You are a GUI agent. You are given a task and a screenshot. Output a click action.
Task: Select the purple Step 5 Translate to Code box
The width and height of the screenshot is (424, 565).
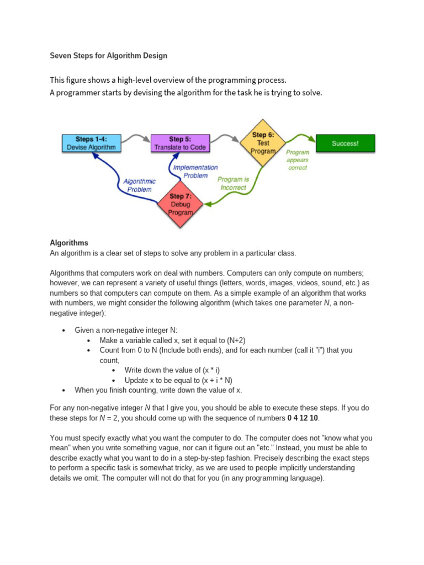(x=180, y=143)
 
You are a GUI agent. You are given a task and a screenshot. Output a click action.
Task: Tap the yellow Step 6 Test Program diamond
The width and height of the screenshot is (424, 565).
(x=263, y=143)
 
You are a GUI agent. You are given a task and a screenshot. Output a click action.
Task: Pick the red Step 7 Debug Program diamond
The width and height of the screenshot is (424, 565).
(x=181, y=205)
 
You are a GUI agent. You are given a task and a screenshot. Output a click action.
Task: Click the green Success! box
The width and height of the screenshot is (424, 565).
(x=345, y=143)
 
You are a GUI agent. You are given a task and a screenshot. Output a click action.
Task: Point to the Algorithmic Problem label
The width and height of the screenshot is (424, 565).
(x=139, y=185)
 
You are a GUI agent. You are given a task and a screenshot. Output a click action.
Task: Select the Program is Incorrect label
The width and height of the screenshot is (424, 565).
(x=233, y=183)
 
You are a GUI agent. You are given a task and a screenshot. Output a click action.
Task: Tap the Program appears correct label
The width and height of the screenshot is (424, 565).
(x=298, y=159)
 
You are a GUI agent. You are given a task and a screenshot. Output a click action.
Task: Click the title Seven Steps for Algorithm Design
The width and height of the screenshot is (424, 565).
(x=109, y=56)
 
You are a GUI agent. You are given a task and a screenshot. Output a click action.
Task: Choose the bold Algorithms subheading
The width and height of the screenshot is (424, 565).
(x=69, y=243)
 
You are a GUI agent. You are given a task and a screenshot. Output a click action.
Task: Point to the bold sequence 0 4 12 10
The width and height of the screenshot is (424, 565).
(x=303, y=418)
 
